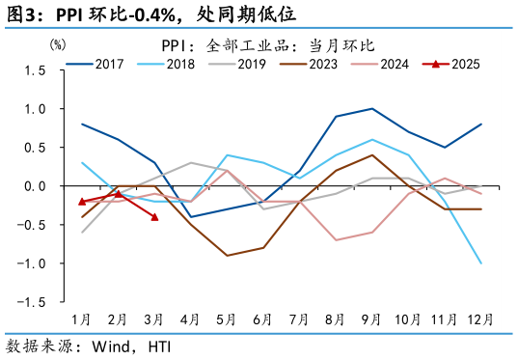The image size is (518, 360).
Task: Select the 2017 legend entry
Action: [x=100, y=65]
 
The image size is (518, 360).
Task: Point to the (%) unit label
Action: [x=58, y=44]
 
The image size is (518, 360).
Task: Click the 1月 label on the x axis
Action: [x=82, y=318]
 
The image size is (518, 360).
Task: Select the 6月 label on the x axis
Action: [x=263, y=318]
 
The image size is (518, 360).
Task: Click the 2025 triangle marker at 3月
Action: [x=154, y=217]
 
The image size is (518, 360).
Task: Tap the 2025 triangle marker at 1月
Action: [x=82, y=202]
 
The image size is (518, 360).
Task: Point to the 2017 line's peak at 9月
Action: [x=372, y=109]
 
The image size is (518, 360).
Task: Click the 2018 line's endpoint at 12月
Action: [x=481, y=263]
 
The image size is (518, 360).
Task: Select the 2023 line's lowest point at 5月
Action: [x=227, y=256]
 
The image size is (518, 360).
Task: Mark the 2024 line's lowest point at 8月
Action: [x=336, y=240]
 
